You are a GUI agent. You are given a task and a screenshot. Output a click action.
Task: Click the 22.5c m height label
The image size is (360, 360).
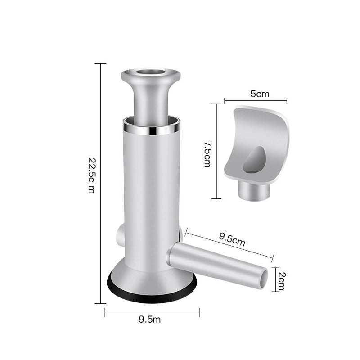coord(91,175)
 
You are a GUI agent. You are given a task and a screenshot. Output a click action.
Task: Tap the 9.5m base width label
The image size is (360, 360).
coord(150,319)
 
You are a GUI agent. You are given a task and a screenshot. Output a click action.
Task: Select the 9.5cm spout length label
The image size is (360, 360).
coord(232,239)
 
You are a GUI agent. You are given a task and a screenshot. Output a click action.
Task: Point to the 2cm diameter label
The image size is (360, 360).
coord(282,281)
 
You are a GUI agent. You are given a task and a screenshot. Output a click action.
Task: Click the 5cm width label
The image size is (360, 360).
coord(260,94)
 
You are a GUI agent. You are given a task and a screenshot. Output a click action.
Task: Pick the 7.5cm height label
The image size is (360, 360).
coord(207,154)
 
